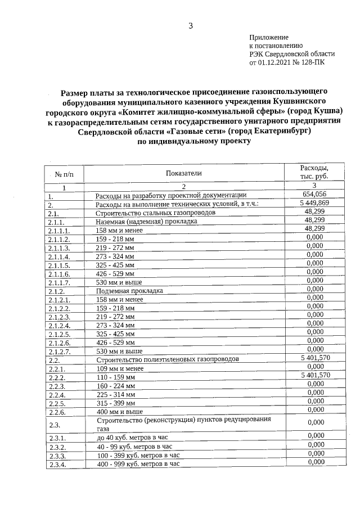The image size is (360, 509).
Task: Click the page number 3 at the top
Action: coord(191,25)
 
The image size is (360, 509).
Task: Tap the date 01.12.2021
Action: coord(272,62)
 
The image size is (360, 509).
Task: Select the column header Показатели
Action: coord(183,173)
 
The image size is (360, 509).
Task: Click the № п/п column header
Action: coord(64,174)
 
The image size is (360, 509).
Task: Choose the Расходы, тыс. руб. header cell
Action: coord(315,172)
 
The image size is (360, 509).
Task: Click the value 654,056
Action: coord(315,195)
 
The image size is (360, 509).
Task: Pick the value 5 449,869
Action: coord(315,203)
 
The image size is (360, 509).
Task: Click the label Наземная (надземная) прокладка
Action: coord(146,222)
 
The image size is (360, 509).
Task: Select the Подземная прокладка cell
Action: coord(129,291)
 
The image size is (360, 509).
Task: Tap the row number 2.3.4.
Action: coord(58,464)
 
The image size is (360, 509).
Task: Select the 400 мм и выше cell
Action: coord(120,411)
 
